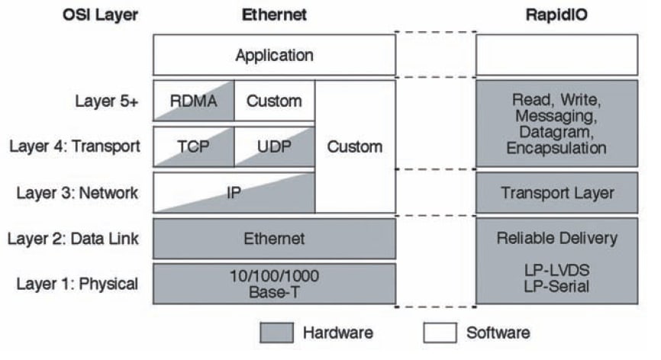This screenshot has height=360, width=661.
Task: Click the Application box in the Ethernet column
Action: (274, 55)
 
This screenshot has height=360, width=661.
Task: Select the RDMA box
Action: (193, 101)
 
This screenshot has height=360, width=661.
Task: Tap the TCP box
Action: (193, 146)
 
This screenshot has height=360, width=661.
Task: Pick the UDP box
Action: (274, 146)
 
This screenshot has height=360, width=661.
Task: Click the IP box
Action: (234, 192)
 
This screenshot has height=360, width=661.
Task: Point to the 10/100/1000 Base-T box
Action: (274, 284)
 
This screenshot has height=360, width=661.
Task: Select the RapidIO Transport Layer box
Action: (556, 192)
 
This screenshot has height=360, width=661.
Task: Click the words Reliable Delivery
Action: (556, 239)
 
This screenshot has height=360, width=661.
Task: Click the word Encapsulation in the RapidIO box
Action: (556, 149)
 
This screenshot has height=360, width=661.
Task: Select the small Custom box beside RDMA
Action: (274, 101)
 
